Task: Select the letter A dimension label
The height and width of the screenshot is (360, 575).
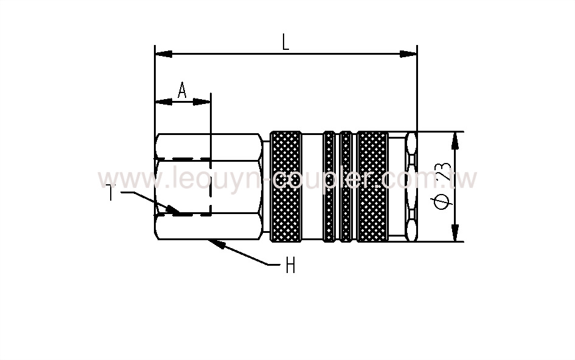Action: [x=182, y=91]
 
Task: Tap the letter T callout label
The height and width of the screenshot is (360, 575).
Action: [x=110, y=193]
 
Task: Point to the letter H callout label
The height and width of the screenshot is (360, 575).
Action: [x=290, y=265]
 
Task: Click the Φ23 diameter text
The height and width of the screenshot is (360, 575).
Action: [x=443, y=186]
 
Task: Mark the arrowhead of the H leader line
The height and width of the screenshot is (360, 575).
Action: [x=214, y=243]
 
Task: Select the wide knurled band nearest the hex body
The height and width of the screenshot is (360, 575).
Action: [x=285, y=186]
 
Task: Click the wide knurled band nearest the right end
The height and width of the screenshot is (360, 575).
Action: [x=372, y=186]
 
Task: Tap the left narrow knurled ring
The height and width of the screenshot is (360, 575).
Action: [x=329, y=186]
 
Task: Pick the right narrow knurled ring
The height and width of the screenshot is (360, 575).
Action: [x=346, y=186]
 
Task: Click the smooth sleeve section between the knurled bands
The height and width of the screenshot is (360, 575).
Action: [x=312, y=186]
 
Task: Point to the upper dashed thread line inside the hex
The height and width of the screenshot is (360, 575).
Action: [x=183, y=159]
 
